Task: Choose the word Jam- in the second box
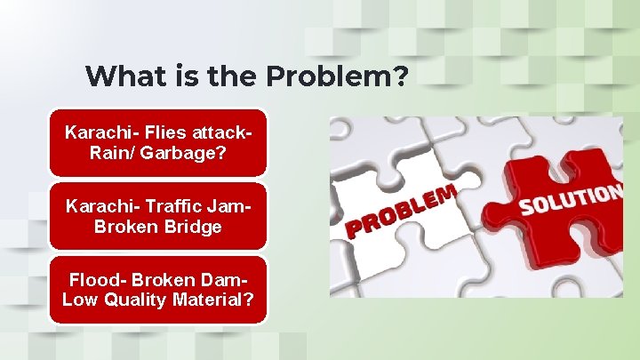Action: click(x=229, y=206)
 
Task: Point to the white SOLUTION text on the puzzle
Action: click(x=569, y=200)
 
